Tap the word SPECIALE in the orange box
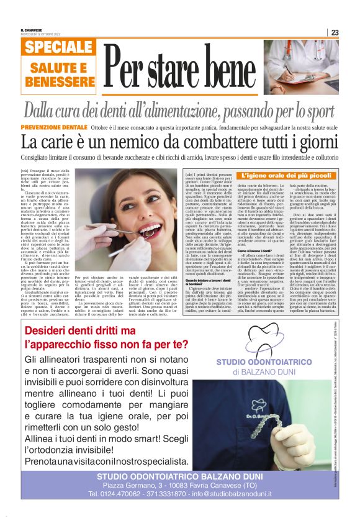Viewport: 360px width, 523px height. [60, 47]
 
